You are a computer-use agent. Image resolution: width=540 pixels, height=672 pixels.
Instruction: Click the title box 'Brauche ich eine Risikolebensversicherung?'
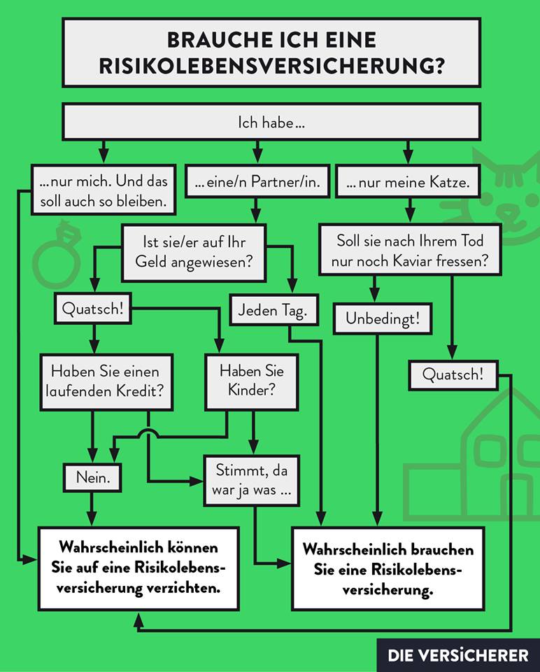click(x=271, y=52)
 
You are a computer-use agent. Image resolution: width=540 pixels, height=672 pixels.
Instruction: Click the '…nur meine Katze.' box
click(x=407, y=183)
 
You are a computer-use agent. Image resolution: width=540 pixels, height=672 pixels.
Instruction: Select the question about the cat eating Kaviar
click(x=409, y=251)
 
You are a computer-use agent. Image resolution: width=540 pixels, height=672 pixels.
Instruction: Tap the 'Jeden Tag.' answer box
click(x=272, y=310)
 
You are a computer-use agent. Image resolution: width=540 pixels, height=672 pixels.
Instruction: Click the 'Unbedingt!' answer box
click(x=383, y=319)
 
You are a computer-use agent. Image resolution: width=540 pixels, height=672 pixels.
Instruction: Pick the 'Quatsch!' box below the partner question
click(x=97, y=309)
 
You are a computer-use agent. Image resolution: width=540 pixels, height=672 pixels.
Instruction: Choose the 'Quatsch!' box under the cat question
click(x=453, y=374)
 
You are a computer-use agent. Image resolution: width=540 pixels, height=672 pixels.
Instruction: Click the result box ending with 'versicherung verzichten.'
click(x=140, y=567)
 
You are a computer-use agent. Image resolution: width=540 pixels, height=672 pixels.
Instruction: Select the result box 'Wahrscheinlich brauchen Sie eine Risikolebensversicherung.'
click(x=388, y=569)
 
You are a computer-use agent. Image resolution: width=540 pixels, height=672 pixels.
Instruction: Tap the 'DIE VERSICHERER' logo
click(x=458, y=655)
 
